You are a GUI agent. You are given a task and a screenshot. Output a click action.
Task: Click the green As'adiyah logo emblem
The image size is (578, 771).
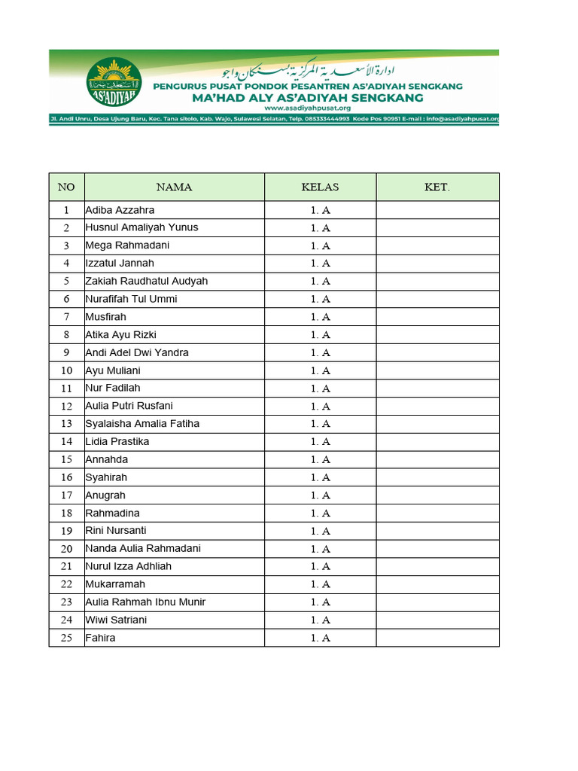point(114,84)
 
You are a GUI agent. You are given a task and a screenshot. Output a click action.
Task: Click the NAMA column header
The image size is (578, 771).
point(174,187)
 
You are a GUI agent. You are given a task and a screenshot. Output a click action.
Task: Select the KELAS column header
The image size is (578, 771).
point(320,187)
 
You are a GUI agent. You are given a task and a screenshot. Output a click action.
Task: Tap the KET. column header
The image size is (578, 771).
point(437,187)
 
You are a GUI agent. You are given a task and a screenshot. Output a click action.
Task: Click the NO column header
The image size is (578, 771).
point(66,187)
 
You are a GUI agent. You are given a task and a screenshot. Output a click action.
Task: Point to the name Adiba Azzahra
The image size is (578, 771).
point(120,210)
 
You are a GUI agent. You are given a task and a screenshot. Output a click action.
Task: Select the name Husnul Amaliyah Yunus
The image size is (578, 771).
point(142,227)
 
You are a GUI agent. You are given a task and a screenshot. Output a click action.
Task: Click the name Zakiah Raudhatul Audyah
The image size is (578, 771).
point(147,281)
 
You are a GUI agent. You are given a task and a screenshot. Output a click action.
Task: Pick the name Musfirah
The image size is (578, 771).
point(106,317)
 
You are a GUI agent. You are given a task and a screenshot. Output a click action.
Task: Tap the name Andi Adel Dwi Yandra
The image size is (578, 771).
point(137,352)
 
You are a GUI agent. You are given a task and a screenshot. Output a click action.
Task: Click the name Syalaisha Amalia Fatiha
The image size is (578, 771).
point(143,424)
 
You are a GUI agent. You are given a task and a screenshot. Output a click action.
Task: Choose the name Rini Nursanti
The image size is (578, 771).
point(116,531)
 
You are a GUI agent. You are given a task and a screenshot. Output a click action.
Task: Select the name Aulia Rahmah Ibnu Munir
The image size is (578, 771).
point(145,602)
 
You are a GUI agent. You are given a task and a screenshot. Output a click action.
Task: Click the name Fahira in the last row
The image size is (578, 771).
point(101,638)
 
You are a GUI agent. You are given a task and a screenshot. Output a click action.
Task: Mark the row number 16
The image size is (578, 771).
point(66,477)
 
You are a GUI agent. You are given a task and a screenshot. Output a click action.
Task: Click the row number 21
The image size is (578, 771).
point(66,566)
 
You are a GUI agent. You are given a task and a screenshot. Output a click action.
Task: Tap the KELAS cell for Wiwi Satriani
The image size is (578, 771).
point(320,620)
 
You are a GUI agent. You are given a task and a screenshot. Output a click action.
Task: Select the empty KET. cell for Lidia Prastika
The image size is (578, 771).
point(437,442)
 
